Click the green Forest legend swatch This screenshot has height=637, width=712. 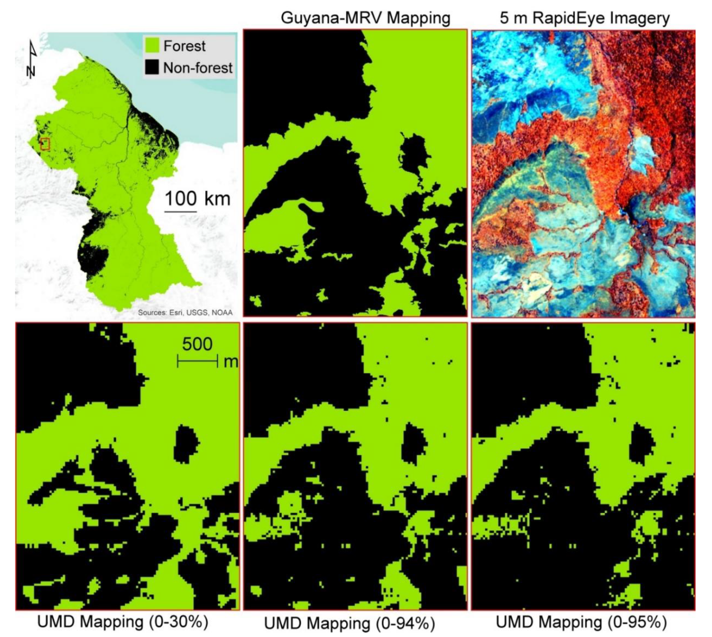(x=152, y=46)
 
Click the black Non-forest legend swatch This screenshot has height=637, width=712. (x=152, y=67)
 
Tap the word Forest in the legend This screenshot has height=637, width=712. (x=184, y=46)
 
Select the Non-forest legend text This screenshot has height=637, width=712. (x=198, y=68)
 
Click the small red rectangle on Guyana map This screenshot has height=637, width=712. (x=45, y=144)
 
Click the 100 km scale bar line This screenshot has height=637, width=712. (x=180, y=211)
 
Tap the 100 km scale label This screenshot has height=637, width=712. (x=197, y=199)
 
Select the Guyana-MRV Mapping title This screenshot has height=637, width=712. (x=365, y=17)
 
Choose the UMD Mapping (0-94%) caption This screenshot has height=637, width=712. (x=349, y=623)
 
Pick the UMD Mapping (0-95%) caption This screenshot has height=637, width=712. (x=581, y=622)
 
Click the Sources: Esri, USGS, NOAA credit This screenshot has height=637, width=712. (x=185, y=312)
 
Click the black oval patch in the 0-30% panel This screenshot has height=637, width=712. (x=186, y=444)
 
